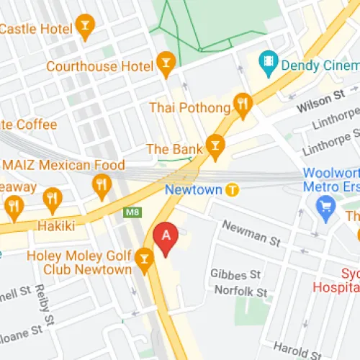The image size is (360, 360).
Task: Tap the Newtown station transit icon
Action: coord(232,190)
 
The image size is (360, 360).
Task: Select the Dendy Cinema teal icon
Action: coord(269,64)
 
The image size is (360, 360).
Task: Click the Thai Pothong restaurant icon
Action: coord(242,107)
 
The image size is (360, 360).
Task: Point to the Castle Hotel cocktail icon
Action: coord(85,29)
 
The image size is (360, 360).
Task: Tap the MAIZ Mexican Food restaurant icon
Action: coord(102,186)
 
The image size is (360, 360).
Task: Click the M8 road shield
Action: coord(131,212)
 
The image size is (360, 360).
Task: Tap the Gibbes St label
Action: coord(235,275)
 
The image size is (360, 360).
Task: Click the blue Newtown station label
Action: coord(192,190)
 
